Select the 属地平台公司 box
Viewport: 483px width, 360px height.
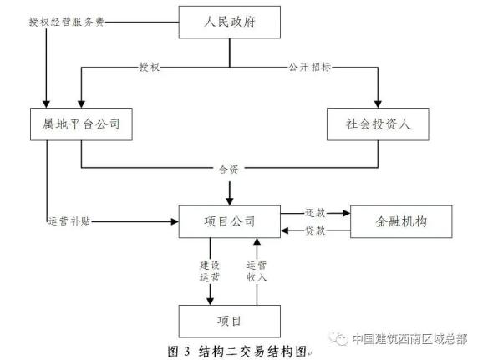(x=81, y=124)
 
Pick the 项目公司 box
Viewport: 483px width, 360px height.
(x=229, y=221)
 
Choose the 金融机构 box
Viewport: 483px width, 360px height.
(x=401, y=221)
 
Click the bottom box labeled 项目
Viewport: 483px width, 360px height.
(x=229, y=321)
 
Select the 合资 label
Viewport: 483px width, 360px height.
(x=229, y=169)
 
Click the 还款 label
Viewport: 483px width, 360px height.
(x=315, y=212)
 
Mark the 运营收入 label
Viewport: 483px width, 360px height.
(x=256, y=270)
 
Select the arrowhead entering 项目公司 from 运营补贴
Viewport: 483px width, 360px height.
(x=176, y=221)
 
